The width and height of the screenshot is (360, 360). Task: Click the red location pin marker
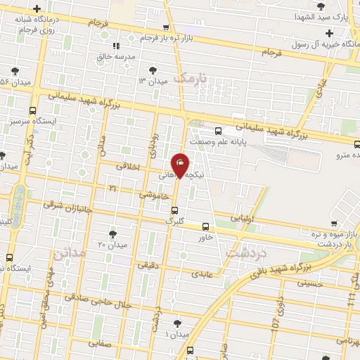pyautogui.click(x=180, y=165)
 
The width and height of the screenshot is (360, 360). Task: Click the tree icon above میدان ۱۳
pyautogui.click(x=153, y=70)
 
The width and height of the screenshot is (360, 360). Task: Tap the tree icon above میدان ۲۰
pyautogui.click(x=112, y=233)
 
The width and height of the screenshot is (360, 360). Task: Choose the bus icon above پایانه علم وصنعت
pyautogui.click(x=218, y=131)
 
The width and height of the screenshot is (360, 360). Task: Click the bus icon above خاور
pyautogui.click(x=205, y=226)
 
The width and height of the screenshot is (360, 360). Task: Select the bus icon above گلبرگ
pyautogui.click(x=174, y=210)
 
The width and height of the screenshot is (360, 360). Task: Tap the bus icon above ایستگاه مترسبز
pyautogui.click(x=32, y=110)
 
